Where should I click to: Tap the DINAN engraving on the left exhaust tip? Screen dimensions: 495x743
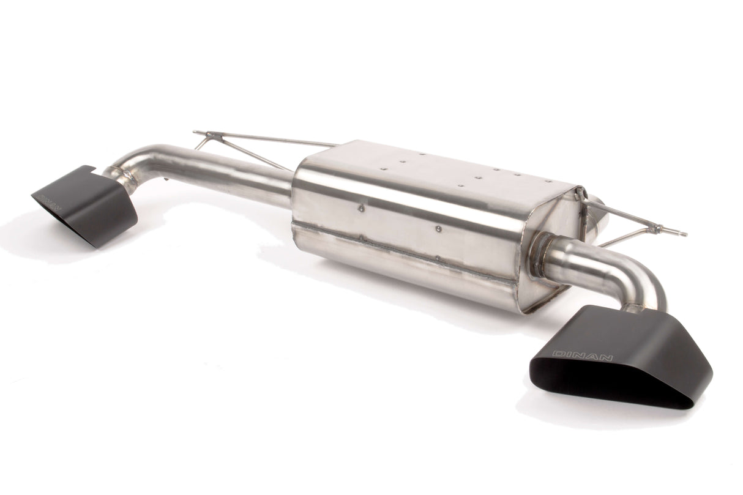[x=48, y=201]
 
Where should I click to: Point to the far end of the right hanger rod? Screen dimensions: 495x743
[x=682, y=233]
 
